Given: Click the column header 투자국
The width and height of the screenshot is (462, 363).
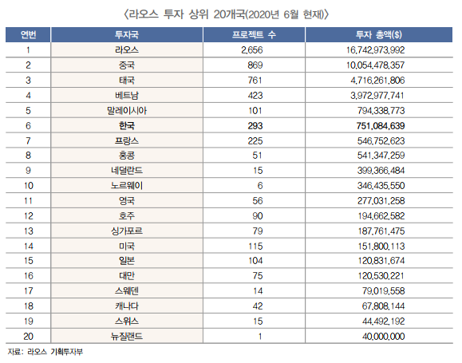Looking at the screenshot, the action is click(x=127, y=35).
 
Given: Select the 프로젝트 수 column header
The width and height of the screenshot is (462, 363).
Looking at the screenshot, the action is click(x=254, y=35).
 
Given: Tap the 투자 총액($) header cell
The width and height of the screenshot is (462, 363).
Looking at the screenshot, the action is click(x=378, y=35).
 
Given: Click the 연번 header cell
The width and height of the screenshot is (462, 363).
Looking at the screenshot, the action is click(x=28, y=35).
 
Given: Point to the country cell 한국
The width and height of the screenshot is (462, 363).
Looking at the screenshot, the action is click(x=127, y=126).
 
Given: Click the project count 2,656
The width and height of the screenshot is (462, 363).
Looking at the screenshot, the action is click(x=252, y=50).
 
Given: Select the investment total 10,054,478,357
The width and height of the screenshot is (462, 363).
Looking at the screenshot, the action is click(x=375, y=65).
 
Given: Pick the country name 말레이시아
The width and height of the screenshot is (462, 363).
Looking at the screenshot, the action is click(x=127, y=111).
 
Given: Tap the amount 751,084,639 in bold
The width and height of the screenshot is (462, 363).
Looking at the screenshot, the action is click(x=381, y=126).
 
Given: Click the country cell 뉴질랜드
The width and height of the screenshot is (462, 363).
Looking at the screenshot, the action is click(x=127, y=336).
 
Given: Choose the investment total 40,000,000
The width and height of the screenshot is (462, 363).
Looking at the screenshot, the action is click(x=383, y=336).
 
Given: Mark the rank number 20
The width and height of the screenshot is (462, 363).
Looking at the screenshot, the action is click(x=28, y=336).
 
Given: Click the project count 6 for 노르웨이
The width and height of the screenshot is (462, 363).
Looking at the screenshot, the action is click(x=260, y=186).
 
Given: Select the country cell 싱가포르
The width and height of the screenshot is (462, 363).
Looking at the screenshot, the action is click(x=127, y=231).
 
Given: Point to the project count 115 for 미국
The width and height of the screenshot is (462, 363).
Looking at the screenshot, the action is click(x=255, y=246).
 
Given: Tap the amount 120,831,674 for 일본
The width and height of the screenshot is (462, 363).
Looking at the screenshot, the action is click(x=381, y=260).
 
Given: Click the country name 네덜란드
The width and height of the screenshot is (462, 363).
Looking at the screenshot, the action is click(x=127, y=170).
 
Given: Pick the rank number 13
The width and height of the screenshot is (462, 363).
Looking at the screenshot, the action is click(x=28, y=231).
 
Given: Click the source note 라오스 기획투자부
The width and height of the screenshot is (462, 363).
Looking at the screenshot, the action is click(x=55, y=352).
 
